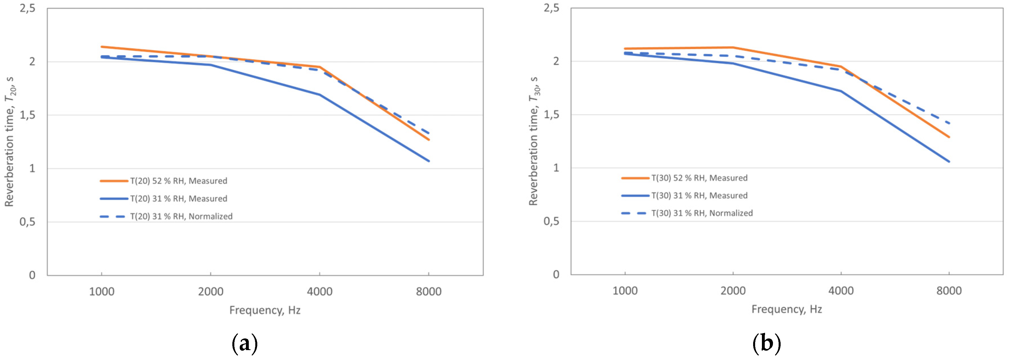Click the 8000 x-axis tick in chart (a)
[429, 291]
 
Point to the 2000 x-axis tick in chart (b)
[733, 291]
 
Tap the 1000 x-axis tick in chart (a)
[102, 291]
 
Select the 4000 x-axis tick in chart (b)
[841, 291]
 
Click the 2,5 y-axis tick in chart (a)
[27, 8]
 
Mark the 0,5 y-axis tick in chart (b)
[551, 221]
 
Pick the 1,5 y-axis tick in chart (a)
[27, 115]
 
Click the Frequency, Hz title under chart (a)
[265, 310]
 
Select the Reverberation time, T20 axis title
[9, 141]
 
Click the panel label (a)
[245, 344]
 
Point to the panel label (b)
[766, 344]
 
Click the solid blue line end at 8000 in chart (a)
[429, 161]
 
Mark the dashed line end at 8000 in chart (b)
[949, 123]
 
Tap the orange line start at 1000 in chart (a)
[102, 47]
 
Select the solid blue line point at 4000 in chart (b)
[841, 91]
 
